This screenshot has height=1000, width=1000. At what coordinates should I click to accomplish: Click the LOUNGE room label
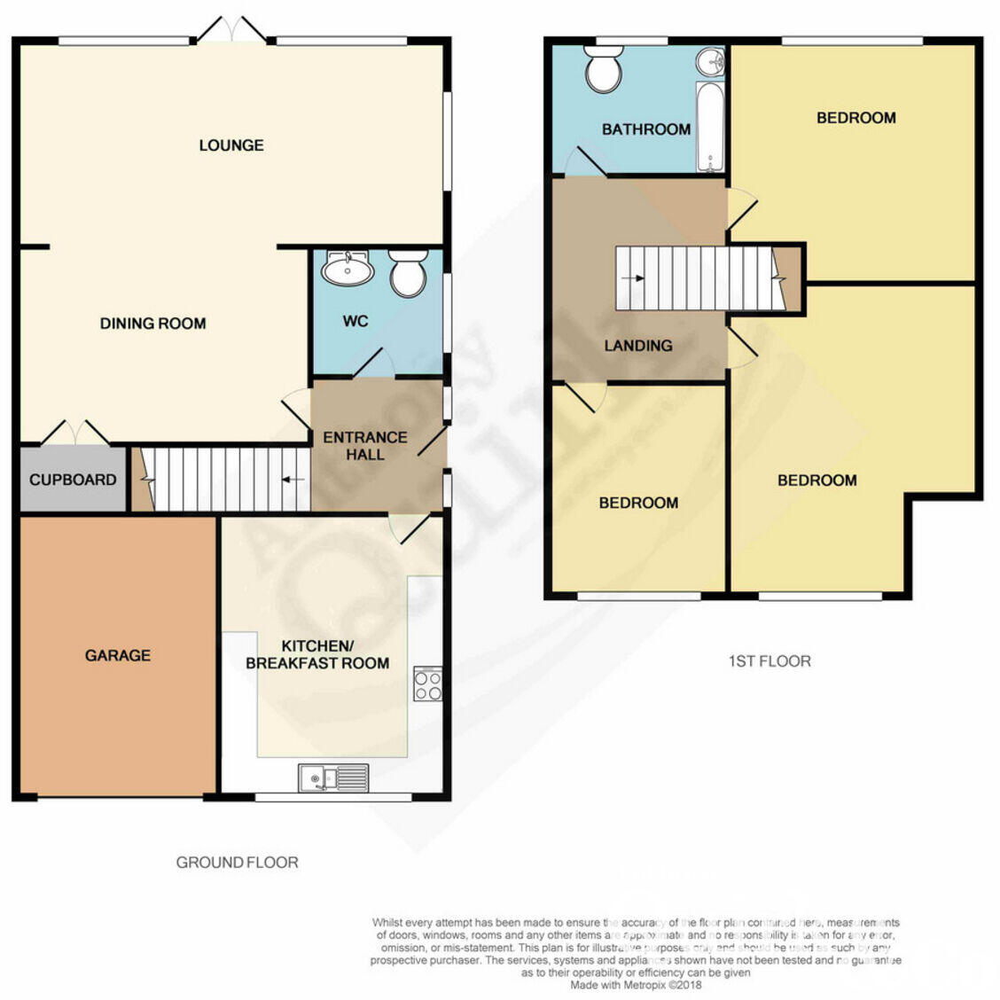tap(231, 145)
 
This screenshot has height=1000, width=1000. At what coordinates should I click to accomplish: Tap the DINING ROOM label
tap(152, 324)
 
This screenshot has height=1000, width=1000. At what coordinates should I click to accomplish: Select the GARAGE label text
tap(117, 655)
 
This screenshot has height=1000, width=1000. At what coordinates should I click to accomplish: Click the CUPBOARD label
tap(73, 480)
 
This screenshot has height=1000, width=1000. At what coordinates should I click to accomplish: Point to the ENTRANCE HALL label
tap(364, 446)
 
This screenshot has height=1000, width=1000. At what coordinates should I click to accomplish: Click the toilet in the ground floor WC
tap(408, 274)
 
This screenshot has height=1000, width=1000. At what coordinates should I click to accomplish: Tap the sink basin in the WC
tap(348, 269)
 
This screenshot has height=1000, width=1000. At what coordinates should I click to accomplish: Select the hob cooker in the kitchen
tap(427, 684)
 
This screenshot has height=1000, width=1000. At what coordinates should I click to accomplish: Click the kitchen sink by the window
tap(333, 778)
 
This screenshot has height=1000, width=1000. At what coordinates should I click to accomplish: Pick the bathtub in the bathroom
tap(709, 128)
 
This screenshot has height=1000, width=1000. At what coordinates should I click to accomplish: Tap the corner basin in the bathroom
tap(711, 61)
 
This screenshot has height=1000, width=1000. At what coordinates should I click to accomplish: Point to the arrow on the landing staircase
tap(633, 278)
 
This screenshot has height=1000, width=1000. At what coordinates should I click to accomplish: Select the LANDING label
tap(637, 346)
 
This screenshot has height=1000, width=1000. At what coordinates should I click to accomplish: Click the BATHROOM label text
tap(645, 129)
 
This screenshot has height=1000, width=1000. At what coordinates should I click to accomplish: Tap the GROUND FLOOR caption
tap(237, 862)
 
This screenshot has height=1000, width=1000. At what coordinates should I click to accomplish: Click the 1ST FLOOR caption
tap(769, 660)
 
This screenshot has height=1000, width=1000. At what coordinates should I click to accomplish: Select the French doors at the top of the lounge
tap(231, 31)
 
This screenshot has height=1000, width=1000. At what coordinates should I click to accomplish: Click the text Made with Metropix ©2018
tap(636, 984)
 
